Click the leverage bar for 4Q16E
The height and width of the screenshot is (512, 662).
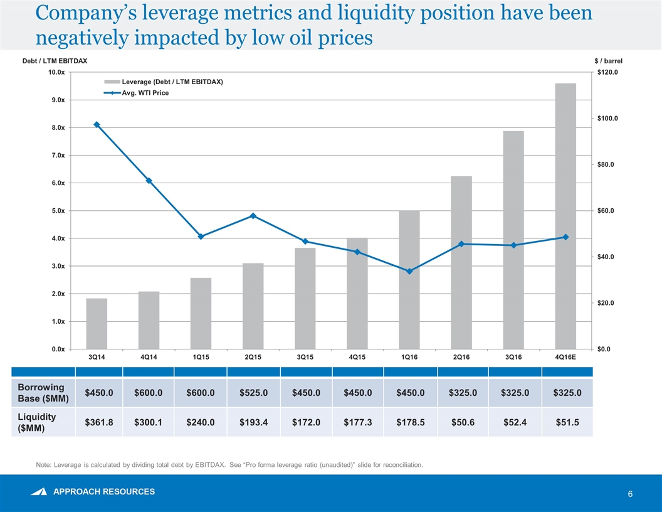tap(565, 216)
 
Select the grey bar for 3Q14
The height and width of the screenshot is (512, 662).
tap(97, 323)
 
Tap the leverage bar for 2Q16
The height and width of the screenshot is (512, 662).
tap(461, 262)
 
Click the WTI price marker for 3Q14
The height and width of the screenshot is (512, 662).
tap(97, 125)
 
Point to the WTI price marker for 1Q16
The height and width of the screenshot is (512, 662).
tap(409, 272)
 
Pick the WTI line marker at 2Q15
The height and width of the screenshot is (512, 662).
tap(253, 216)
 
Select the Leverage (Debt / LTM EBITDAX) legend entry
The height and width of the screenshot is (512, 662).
tap(163, 82)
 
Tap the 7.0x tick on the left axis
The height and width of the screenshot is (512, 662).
tap(56, 155)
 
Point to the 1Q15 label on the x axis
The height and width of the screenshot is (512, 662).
tap(201, 357)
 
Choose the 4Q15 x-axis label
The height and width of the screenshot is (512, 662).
tap(357, 357)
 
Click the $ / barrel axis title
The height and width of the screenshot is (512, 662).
tap(608, 61)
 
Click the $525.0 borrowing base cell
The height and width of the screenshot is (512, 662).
tap(252, 393)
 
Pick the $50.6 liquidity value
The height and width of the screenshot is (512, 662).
tap(461, 423)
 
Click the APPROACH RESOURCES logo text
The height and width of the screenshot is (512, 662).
tap(104, 491)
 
